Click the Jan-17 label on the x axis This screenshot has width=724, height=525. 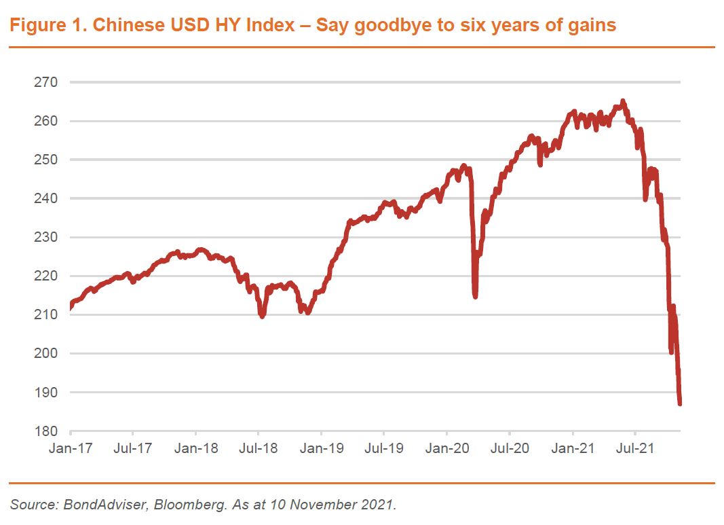[x=70, y=448]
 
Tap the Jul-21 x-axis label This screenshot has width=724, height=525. [x=635, y=448]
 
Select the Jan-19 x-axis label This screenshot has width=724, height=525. [x=321, y=448]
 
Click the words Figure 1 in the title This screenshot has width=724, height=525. [x=45, y=26]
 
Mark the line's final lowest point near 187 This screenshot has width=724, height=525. [x=679, y=403]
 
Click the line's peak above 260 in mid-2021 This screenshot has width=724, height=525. [x=623, y=102]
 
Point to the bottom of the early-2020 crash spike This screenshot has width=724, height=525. [x=475, y=296]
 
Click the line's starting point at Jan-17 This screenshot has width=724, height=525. [x=71, y=307]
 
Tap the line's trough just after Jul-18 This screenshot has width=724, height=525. [x=262, y=316]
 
